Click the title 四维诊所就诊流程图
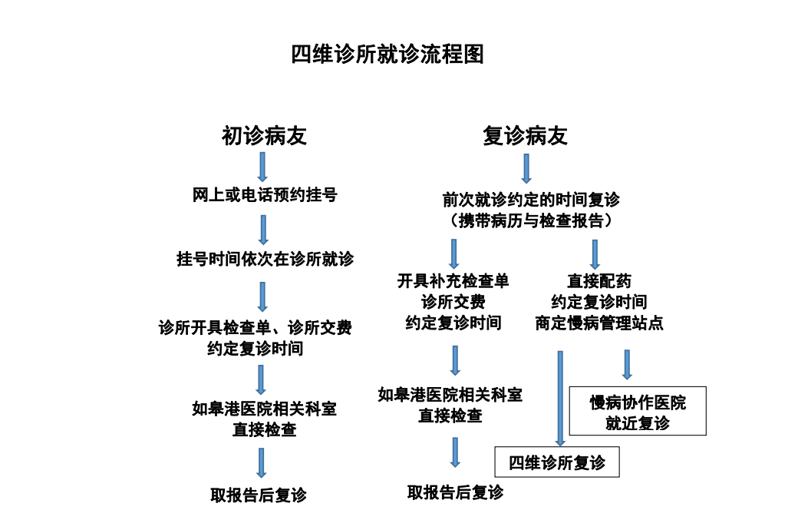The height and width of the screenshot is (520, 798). click(387, 55)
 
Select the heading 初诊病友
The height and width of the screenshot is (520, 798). click(264, 136)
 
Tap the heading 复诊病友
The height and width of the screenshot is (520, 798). click(525, 136)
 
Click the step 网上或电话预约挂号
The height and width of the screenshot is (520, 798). click(264, 195)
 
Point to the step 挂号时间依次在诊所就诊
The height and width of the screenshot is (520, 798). click(265, 259)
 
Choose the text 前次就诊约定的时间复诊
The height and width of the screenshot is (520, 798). click(530, 200)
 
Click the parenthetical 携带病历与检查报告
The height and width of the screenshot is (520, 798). click(530, 220)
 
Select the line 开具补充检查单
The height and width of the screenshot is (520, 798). click(453, 281)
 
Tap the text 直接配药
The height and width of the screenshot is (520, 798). click(598, 281)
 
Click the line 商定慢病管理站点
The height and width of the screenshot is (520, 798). click(598, 323)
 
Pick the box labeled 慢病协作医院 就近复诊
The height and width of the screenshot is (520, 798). click(637, 412)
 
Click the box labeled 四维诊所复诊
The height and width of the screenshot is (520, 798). click(556, 462)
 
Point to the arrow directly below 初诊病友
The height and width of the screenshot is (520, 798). click(262, 166)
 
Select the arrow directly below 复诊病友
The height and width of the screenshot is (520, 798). click(526, 168)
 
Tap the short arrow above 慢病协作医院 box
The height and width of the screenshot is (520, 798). click(627, 364)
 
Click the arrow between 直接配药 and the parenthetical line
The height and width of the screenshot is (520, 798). click(595, 254)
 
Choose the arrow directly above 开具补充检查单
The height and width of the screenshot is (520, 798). click(453, 253)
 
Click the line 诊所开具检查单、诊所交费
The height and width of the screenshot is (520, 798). click(255, 328)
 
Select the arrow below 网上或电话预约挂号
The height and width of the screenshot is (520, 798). click(263, 229)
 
